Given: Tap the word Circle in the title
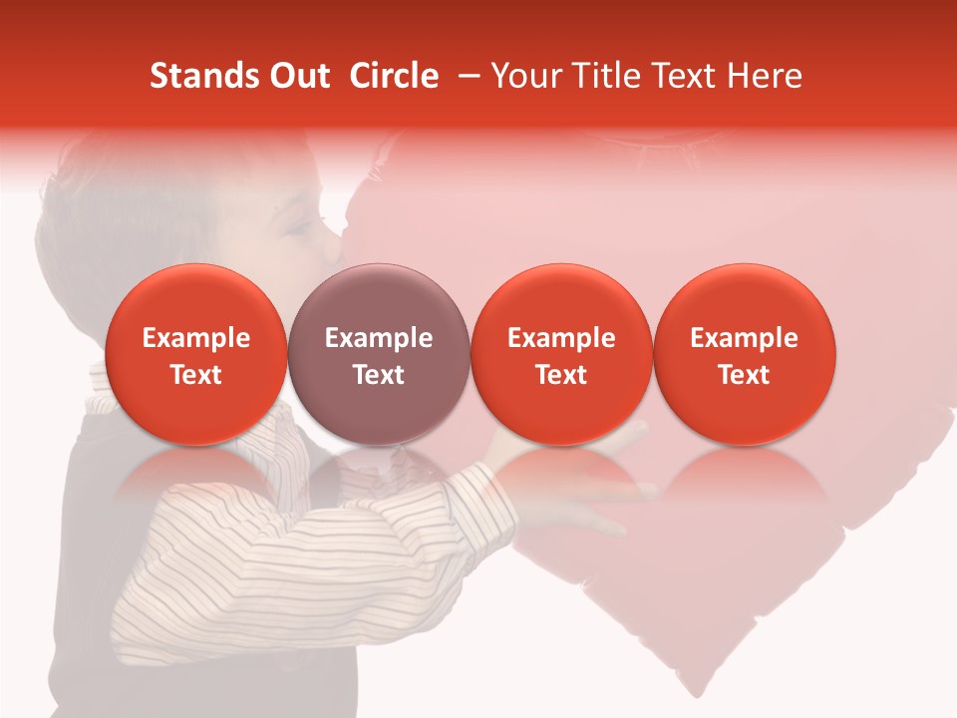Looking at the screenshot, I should pyautogui.click(x=394, y=76).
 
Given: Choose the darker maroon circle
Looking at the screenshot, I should pyautogui.click(x=379, y=355).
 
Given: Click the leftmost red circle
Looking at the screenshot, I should pyautogui.click(x=196, y=355).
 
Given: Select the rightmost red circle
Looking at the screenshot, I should pyautogui.click(x=745, y=355).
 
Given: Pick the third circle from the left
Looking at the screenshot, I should pyautogui.click(x=561, y=355).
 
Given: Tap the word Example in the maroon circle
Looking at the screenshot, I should pyautogui.click(x=379, y=338).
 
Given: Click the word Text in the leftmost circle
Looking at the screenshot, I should pyautogui.click(x=196, y=375).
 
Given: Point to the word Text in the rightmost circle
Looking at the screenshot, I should pyautogui.click(x=745, y=375).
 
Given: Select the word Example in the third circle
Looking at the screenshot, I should pyautogui.click(x=561, y=338).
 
